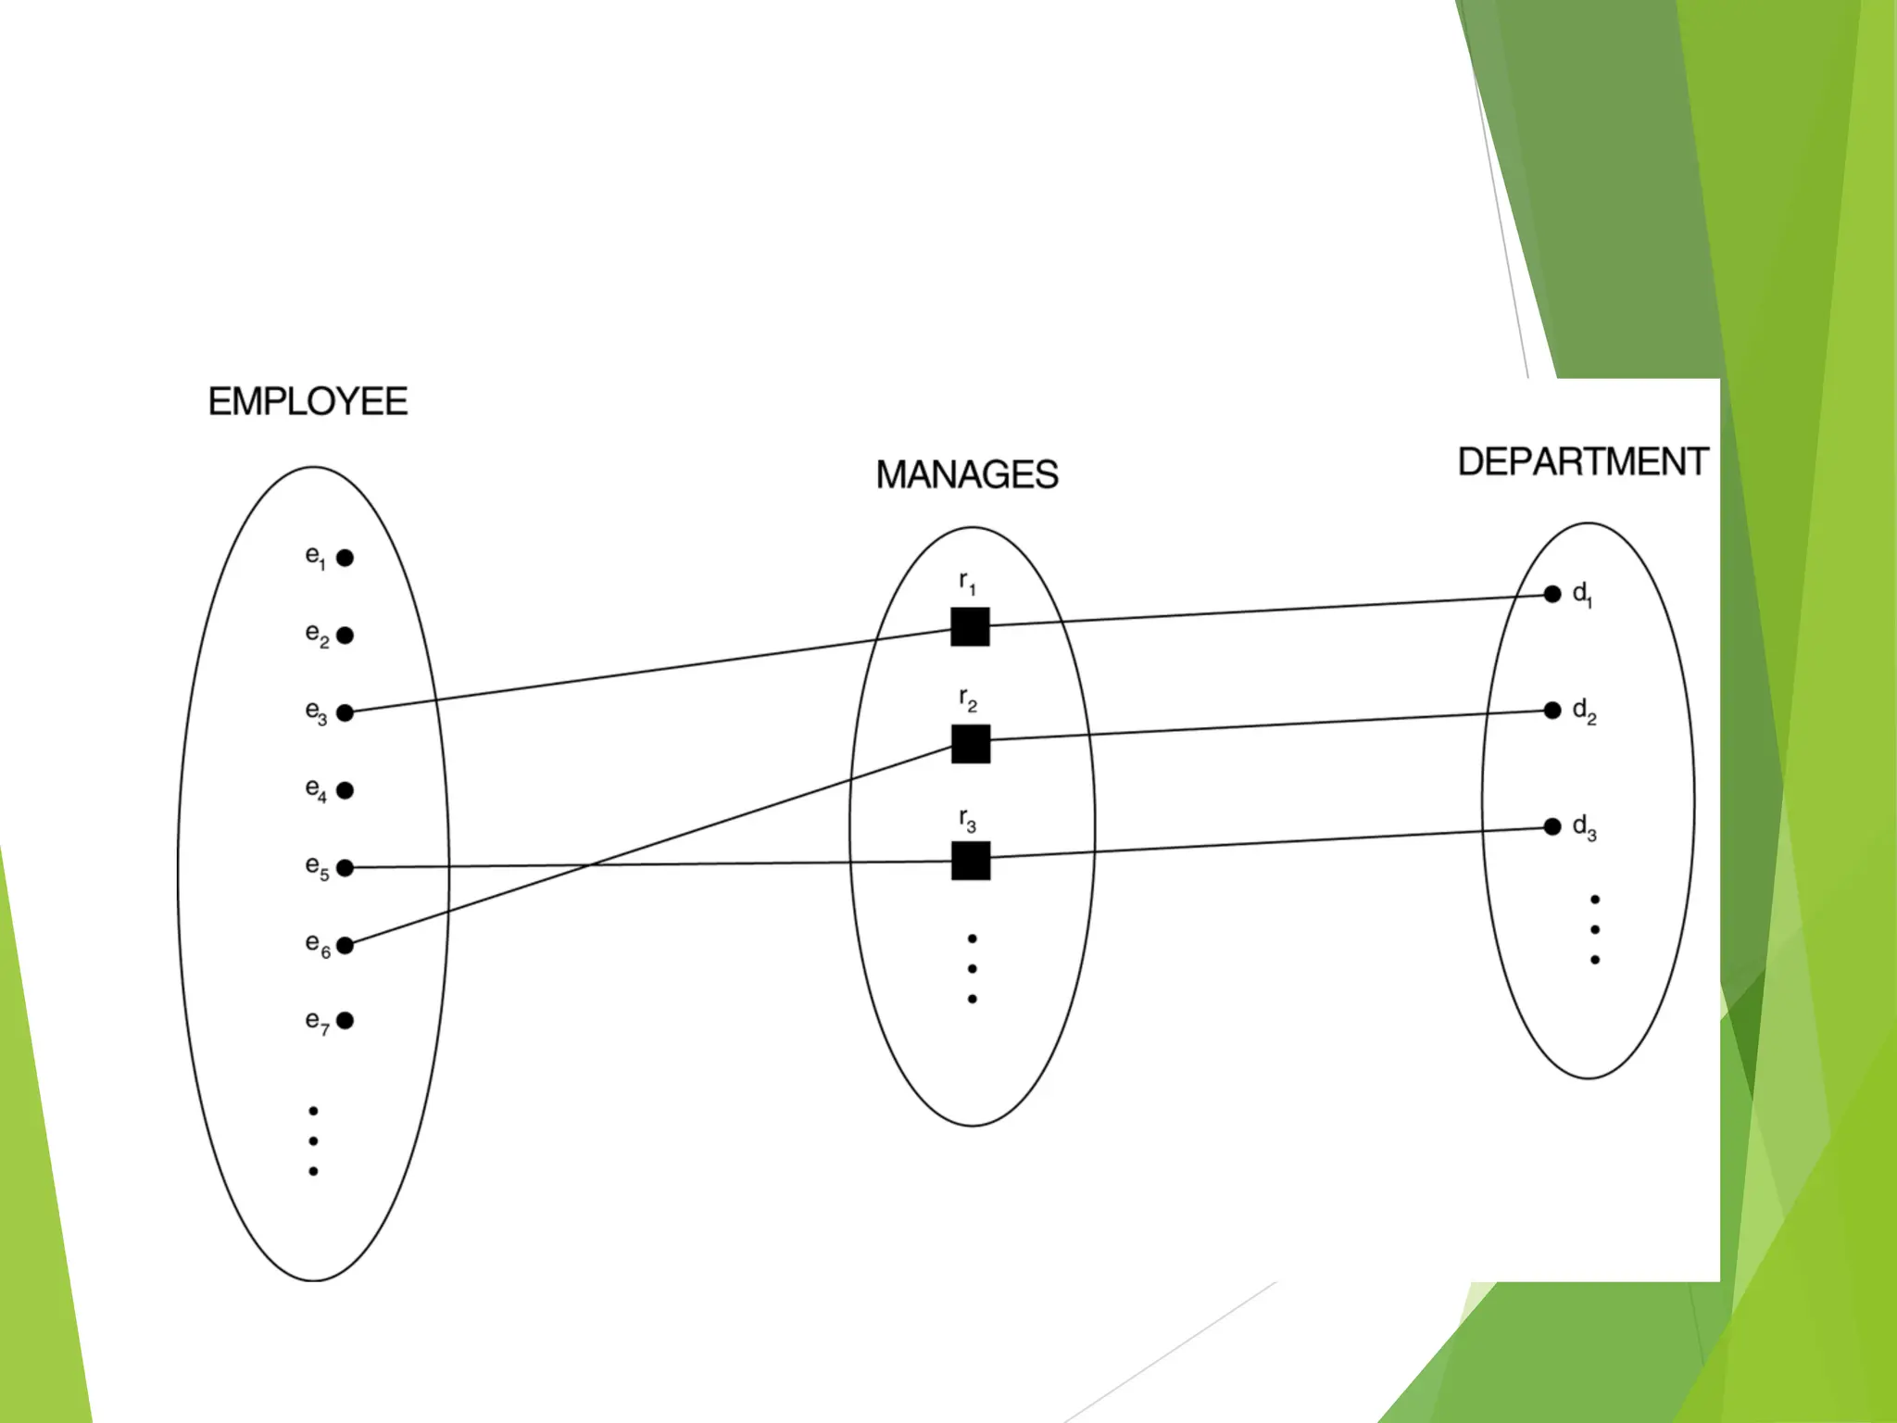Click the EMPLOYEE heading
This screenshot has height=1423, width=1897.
[x=308, y=402]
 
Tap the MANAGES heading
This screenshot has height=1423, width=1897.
[x=967, y=475]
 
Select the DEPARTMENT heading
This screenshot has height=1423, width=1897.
[x=1583, y=462]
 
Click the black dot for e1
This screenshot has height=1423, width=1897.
[x=345, y=558]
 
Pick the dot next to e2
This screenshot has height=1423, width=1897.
[x=345, y=636]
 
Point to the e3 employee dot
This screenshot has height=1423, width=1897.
[x=345, y=712]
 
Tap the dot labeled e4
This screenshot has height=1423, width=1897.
[x=345, y=790]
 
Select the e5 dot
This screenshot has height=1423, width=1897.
[x=345, y=868]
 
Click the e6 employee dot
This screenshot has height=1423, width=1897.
[x=345, y=945]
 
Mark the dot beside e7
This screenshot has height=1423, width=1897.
[x=345, y=1021]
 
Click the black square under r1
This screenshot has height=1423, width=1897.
[x=971, y=627]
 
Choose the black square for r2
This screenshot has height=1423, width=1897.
[x=971, y=744]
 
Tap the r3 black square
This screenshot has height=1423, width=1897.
[x=971, y=861]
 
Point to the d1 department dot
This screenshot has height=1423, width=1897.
[x=1552, y=595]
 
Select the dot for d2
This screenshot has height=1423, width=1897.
[x=1552, y=711]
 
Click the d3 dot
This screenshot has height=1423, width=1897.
[x=1552, y=826]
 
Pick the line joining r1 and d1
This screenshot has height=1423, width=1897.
[x=1269, y=611]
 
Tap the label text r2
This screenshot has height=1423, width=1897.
[x=968, y=700]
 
